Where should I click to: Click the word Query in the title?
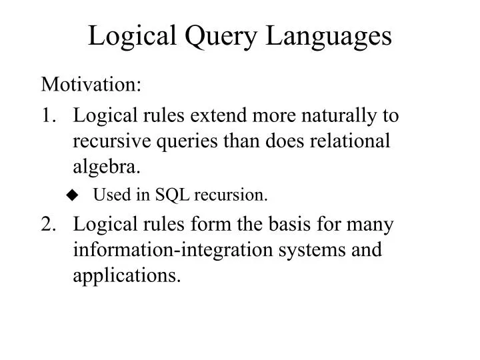227,37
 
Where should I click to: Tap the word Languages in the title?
330,37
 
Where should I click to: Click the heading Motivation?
91,85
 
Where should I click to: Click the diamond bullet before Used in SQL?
73,195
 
